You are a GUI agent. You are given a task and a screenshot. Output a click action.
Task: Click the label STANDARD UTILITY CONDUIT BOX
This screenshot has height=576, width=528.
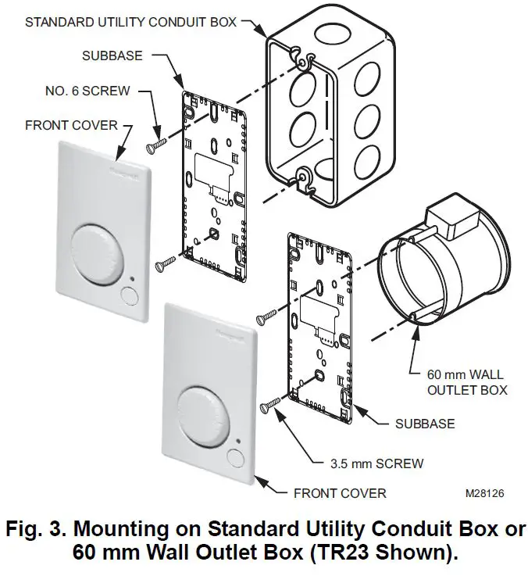(130, 21)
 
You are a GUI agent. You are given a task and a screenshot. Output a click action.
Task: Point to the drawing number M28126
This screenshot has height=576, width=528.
(485, 494)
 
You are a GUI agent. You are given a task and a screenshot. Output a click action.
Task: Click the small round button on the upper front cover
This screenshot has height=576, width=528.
(128, 295)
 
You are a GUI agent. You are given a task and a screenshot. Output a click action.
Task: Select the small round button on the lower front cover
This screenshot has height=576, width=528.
(236, 458)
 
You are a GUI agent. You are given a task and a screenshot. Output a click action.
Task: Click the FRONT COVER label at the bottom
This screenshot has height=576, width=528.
(340, 493)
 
